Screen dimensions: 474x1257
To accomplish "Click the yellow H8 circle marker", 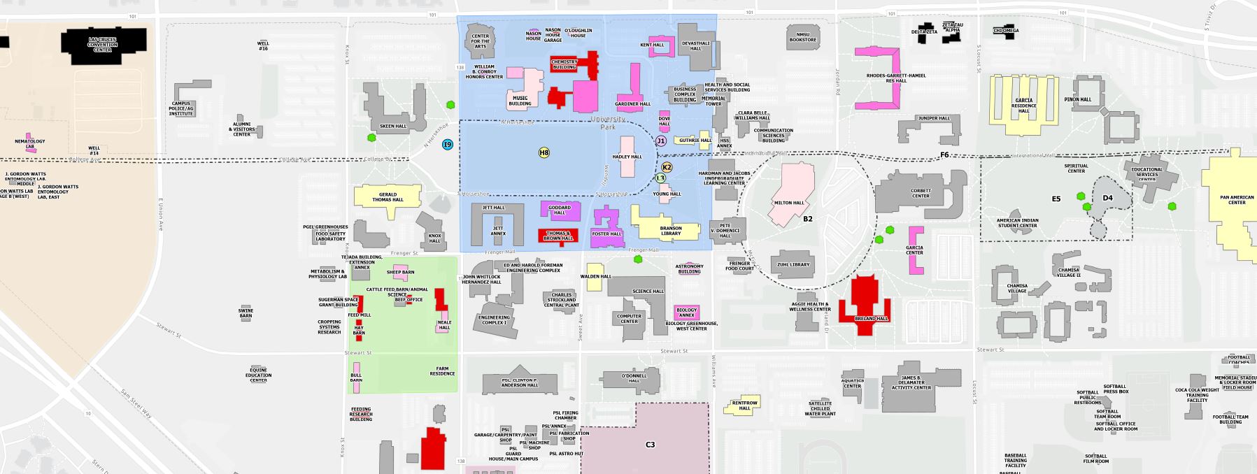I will (x=544, y=152).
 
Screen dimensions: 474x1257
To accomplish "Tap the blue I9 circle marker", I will (x=448, y=145).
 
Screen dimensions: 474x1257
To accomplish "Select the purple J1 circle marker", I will (x=660, y=141).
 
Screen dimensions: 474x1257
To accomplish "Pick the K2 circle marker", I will (x=667, y=167).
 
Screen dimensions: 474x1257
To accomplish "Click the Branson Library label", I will (x=670, y=231).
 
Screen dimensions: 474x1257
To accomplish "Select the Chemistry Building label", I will (x=564, y=64).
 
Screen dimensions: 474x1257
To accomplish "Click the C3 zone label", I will (x=650, y=445).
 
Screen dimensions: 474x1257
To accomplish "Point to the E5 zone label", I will (x=1056, y=199).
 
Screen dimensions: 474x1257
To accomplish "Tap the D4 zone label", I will (x=1107, y=198).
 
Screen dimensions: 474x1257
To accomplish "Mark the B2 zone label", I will (x=807, y=219).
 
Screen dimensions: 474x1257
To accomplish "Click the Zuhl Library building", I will (x=793, y=263).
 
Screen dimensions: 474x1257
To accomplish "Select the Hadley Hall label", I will (x=627, y=157).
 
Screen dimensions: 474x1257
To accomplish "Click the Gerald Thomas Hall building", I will (x=388, y=196).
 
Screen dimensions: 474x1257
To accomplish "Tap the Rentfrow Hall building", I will (x=744, y=405).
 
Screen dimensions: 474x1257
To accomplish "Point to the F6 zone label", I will (x=944, y=155).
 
